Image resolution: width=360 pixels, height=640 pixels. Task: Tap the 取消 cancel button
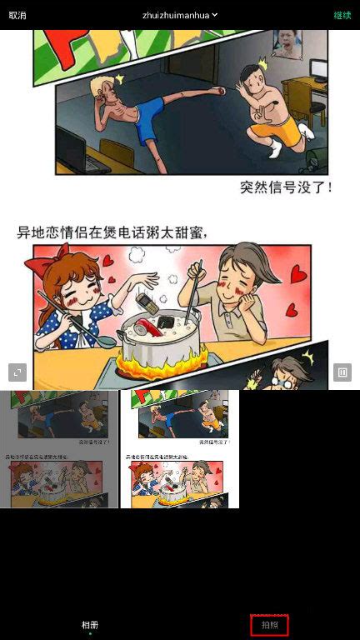[x=17, y=15]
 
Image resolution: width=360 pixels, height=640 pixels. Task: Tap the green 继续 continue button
[x=342, y=15]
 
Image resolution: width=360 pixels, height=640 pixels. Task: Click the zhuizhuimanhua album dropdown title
[x=179, y=15]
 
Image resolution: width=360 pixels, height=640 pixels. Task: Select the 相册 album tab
[x=90, y=624]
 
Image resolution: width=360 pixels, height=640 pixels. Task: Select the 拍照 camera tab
[x=269, y=624]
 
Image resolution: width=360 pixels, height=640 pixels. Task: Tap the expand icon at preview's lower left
[x=17, y=372]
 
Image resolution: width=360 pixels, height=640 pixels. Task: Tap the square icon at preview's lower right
[x=342, y=372]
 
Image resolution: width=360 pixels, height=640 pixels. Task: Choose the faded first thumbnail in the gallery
[x=60, y=449]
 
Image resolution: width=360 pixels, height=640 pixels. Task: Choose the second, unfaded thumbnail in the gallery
[x=180, y=449]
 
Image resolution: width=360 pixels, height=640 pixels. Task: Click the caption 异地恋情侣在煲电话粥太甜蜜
[x=112, y=232]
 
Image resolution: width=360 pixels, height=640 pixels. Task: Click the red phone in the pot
[x=150, y=324]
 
